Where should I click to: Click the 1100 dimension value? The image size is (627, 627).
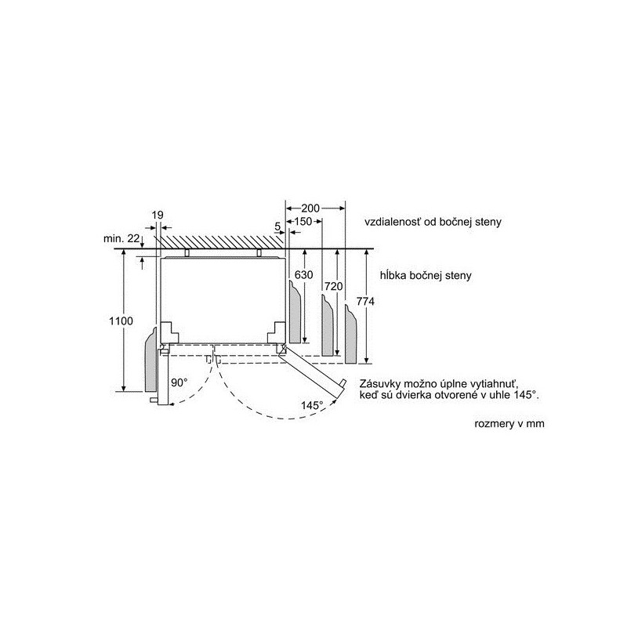(x=121, y=321)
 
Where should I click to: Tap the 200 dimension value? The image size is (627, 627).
(x=310, y=208)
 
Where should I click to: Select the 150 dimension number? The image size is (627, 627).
(x=303, y=221)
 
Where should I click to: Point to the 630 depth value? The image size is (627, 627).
(x=303, y=275)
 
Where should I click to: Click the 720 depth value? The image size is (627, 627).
(x=334, y=286)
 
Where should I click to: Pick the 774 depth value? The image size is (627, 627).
(x=365, y=302)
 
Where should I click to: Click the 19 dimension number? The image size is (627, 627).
(x=158, y=215)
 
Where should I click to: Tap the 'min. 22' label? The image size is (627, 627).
(x=122, y=238)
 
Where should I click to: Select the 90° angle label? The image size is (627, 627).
(x=179, y=382)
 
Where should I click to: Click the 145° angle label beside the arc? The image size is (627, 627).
(x=312, y=405)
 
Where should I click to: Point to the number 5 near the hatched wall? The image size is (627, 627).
(x=278, y=227)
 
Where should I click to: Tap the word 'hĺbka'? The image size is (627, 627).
(x=393, y=275)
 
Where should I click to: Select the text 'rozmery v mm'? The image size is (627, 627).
(x=509, y=423)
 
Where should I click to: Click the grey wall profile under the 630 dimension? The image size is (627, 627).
(x=295, y=312)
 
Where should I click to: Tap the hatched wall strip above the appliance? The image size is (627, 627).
(x=223, y=241)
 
